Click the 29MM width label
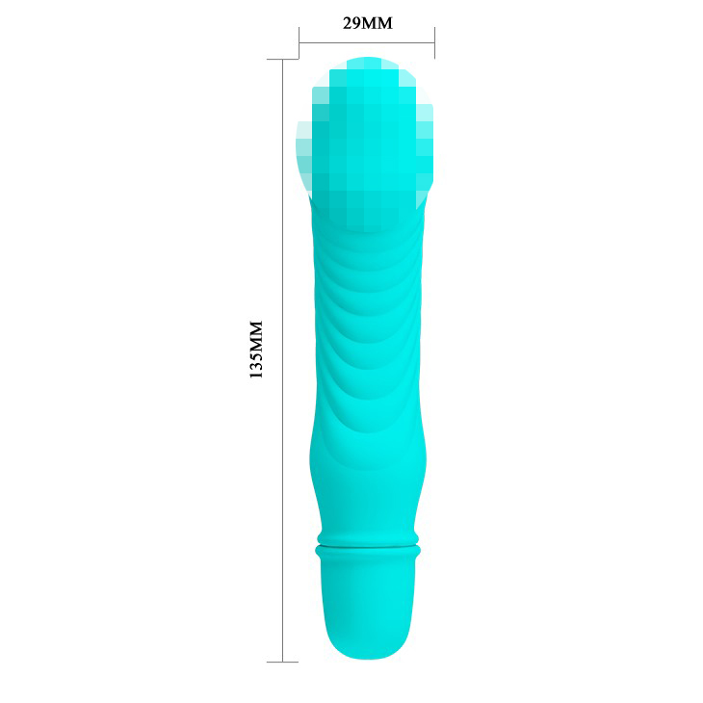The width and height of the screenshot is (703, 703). pyautogui.click(x=368, y=23)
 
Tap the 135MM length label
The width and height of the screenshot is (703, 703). pyautogui.click(x=256, y=350)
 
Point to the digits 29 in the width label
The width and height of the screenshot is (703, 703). pyautogui.click(x=351, y=23)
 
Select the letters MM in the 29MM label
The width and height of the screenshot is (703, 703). pyautogui.click(x=378, y=23)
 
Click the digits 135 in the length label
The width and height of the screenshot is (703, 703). pyautogui.click(x=256, y=365)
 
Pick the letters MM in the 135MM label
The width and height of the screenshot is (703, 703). pyautogui.click(x=256, y=336)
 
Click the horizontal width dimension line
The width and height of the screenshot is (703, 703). pyautogui.click(x=367, y=43)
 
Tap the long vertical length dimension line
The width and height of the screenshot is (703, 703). pyautogui.click(x=283, y=360)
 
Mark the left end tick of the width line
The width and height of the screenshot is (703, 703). pyautogui.click(x=299, y=43)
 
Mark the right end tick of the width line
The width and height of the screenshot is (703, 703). pyautogui.click(x=435, y=43)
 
